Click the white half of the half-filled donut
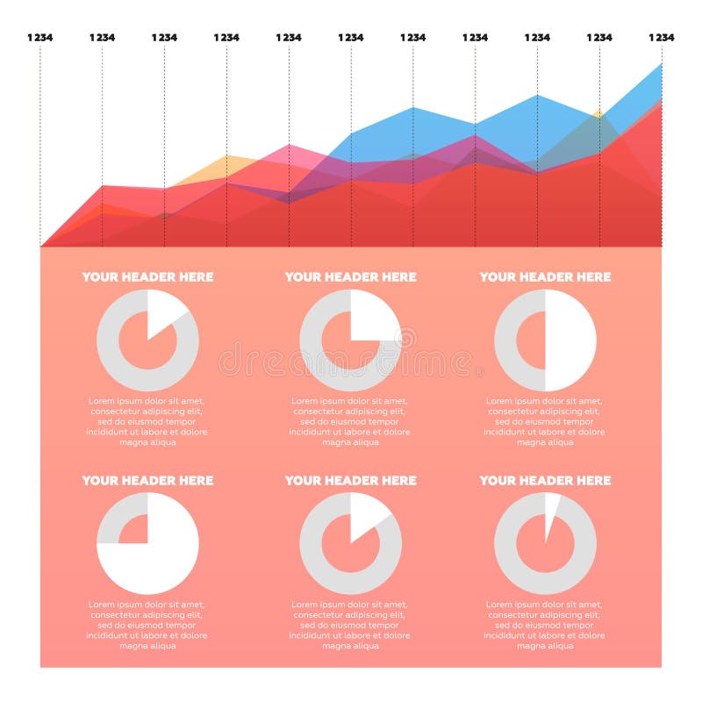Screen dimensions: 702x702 tap(570, 340)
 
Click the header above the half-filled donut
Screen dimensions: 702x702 tap(544, 276)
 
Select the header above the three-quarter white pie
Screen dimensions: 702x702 tap(147, 480)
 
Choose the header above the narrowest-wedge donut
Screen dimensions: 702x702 tap(544, 480)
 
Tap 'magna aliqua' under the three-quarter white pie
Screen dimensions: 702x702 tap(147, 646)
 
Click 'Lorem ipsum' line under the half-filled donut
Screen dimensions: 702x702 tap(544, 401)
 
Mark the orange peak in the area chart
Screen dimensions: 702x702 tap(226, 158)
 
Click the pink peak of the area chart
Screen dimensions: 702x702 tap(289, 147)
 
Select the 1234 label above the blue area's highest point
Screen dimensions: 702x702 tap(661, 38)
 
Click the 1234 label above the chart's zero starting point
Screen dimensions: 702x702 tap(40, 38)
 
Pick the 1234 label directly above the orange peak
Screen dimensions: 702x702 tap(226, 38)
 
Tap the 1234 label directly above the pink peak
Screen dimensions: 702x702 tap(289, 38)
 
